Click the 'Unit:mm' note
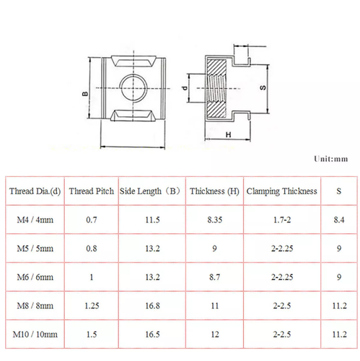tap(330, 159)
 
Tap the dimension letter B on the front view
tap(85, 94)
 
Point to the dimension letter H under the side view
tap(228, 135)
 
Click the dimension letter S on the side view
tap(263, 87)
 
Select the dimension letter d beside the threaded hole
tap(185, 88)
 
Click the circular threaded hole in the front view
tap(133, 88)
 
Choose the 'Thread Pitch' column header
tap(92, 191)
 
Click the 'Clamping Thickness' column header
tap(281, 191)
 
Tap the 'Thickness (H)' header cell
tap(214, 191)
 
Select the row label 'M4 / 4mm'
tap(35, 219)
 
